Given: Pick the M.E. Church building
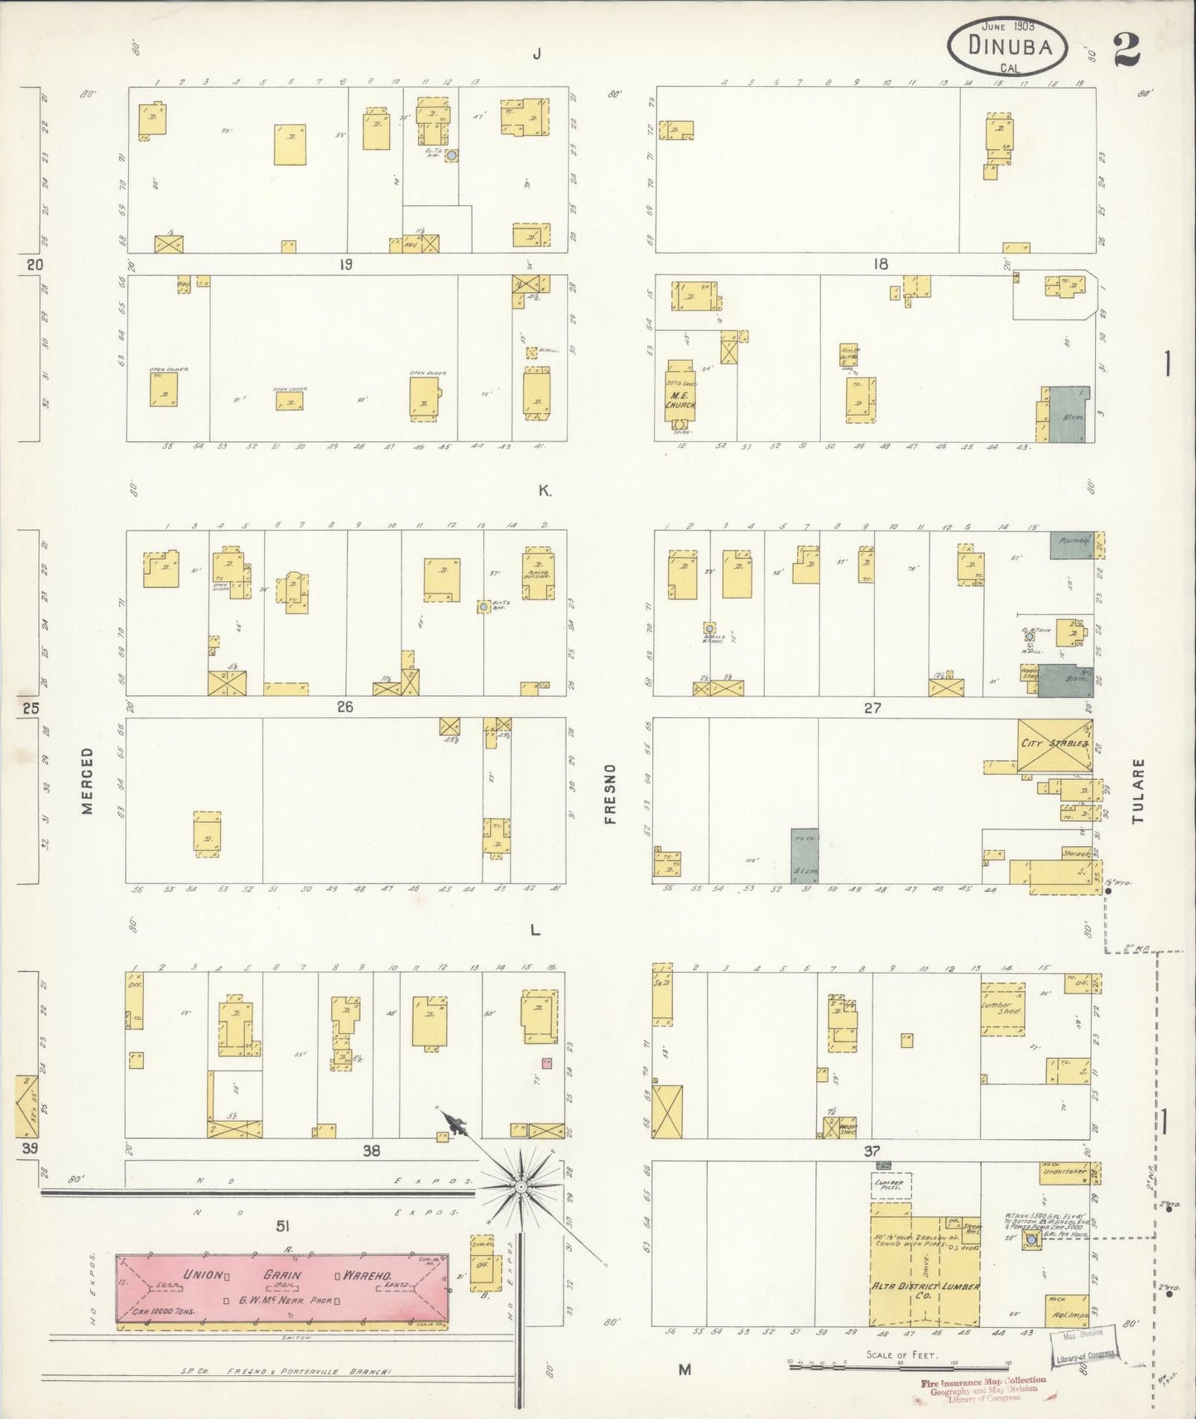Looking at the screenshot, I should tap(681, 397).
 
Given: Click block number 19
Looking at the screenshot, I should tap(345, 265).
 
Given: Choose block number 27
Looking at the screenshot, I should tap(872, 708).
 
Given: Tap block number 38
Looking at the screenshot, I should tap(371, 1150).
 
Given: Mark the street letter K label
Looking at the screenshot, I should tap(544, 490).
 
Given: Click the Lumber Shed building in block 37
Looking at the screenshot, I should tap(1003, 1008).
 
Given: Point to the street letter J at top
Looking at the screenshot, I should tap(536, 55).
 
